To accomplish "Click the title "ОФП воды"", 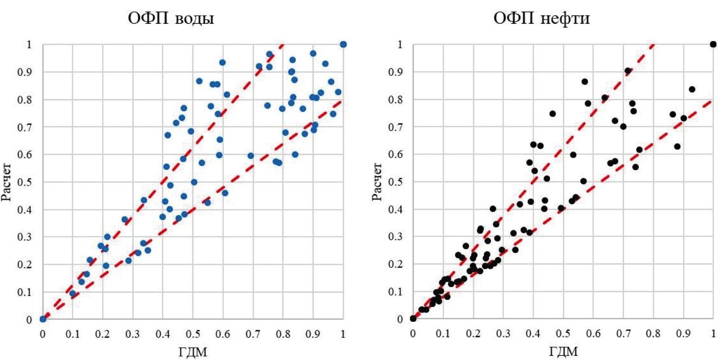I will coord(171,18).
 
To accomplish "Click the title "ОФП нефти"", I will coord(542,18).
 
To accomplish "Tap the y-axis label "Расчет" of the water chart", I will coord(6,182).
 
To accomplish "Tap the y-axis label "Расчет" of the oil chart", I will coord(377,182).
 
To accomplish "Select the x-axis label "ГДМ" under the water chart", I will coord(192,352).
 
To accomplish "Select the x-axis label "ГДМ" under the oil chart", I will coord(563,352).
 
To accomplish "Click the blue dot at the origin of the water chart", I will coord(43,319).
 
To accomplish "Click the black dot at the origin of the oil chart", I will coord(413,318).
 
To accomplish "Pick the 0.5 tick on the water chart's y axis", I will coord(26,182).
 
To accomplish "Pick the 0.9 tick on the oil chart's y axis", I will coord(396,72).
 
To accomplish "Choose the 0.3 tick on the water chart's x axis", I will coord(133,334).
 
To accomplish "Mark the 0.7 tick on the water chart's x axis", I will coord(253,334).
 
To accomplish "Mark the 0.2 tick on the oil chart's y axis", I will coord(396,264).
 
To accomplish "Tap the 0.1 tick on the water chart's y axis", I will coord(26,292).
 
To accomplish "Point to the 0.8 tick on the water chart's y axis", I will coord(26,100).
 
